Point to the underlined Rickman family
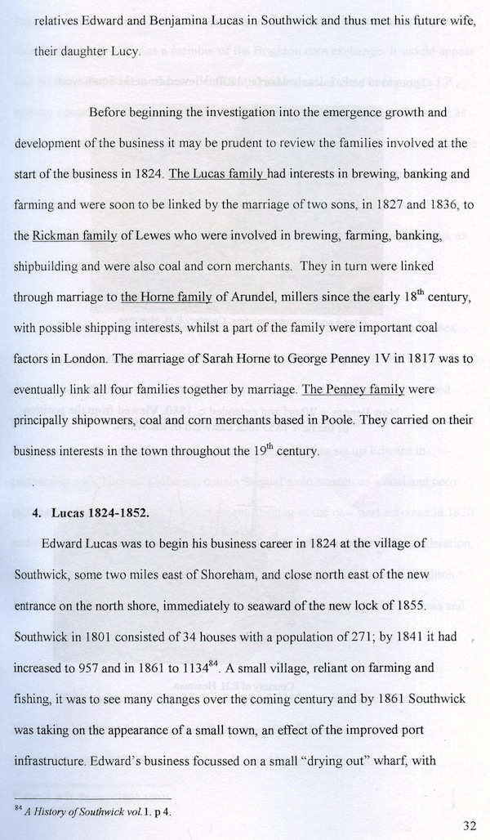74,236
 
